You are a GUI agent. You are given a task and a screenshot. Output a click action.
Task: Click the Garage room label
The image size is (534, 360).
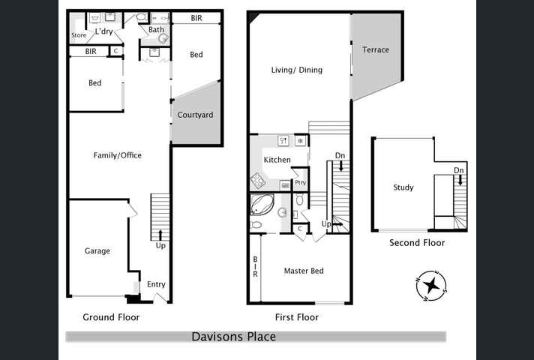[x=97, y=251]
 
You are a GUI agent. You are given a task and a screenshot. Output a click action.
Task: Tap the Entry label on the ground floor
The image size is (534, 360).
[x=156, y=285]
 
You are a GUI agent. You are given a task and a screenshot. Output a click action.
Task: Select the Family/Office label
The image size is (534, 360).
[x=117, y=156]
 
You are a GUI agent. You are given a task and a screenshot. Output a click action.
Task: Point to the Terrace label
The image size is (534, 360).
[x=376, y=50]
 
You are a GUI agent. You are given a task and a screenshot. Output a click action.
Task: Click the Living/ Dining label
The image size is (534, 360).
[x=297, y=70]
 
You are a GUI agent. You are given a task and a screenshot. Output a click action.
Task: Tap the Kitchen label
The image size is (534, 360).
[x=277, y=160]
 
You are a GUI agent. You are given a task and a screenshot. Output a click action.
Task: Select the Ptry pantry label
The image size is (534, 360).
[x=300, y=182]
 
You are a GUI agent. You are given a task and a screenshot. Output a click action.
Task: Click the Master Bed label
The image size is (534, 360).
[x=304, y=271]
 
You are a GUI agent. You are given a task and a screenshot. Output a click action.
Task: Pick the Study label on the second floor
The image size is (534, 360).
[x=403, y=187]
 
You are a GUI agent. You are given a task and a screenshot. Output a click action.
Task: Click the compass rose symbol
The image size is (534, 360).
[x=432, y=286]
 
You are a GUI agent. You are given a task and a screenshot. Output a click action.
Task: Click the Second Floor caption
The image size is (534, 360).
[x=417, y=243]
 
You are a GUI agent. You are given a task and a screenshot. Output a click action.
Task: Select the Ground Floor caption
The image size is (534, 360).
[x=111, y=317]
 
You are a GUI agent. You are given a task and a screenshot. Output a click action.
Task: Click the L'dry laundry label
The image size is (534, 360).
[x=104, y=31]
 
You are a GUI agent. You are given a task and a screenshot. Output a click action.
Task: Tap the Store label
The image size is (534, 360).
[x=79, y=35]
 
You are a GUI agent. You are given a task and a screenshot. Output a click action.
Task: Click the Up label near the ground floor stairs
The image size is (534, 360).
[x=160, y=246]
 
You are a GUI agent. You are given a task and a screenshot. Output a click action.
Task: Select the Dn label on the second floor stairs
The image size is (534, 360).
[x=458, y=171]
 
